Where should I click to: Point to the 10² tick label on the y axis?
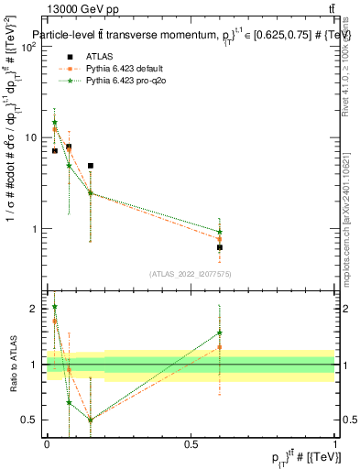point(29,47)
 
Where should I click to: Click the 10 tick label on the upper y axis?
point(32,137)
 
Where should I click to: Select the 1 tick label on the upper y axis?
point(36,229)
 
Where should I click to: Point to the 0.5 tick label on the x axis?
point(191,442)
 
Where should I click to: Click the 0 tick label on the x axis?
point(47,442)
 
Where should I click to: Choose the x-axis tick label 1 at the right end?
point(334,442)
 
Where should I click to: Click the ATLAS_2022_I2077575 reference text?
point(191,274)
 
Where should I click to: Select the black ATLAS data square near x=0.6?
point(220,247)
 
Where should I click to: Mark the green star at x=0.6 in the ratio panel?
point(220,333)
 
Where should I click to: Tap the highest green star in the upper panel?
point(55,122)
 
